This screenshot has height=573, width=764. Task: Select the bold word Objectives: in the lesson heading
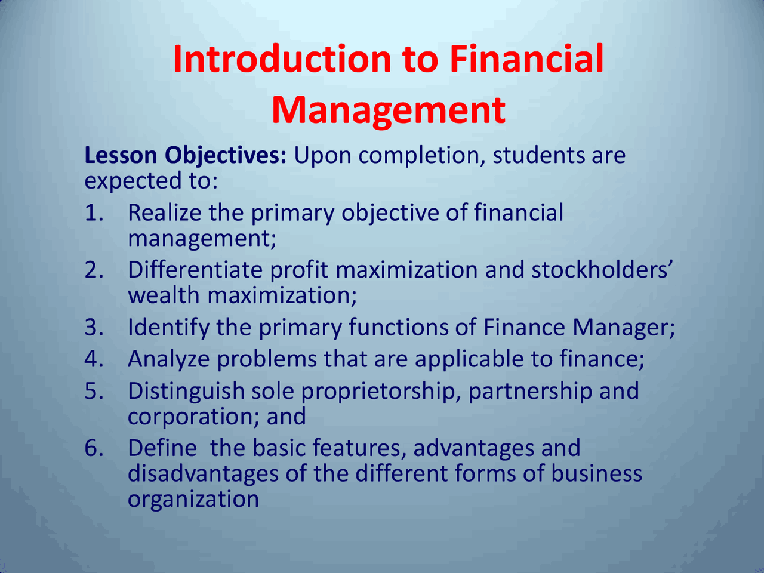click(226, 156)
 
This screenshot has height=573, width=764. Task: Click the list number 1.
click(94, 212)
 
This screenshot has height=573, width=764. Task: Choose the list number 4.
click(94, 359)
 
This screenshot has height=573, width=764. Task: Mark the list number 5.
click(94, 391)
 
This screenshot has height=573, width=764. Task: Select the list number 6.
click(94, 448)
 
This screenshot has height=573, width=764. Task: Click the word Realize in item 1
click(165, 212)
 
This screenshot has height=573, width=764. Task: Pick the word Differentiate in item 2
click(195, 270)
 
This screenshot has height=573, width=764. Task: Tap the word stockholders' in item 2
click(602, 270)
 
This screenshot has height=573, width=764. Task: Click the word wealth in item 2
click(164, 295)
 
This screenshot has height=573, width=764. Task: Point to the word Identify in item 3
click(169, 328)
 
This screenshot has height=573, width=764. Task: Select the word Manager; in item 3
click(624, 328)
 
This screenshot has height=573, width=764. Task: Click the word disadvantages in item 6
click(204, 474)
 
